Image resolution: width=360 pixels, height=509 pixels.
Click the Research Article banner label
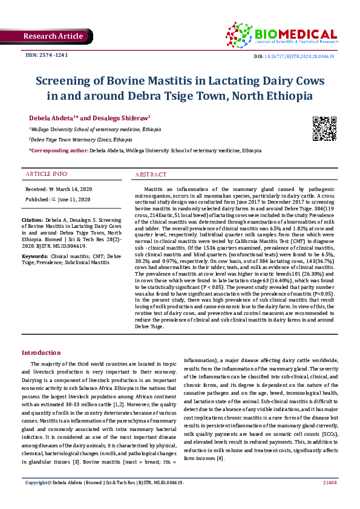pyautogui.click(x=53, y=36)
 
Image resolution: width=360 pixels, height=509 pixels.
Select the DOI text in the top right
pyautogui.click(x=299, y=56)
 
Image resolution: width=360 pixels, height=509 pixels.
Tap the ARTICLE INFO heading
pyautogui.click(x=46, y=174)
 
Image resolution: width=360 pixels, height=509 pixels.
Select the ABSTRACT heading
pyautogui.click(x=150, y=174)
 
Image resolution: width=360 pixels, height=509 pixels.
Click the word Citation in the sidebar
pyautogui.click(x=32, y=219)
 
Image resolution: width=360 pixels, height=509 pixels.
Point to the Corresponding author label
pyautogui.click(x=58, y=150)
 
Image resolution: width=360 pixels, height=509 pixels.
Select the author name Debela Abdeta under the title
pyautogui.click(x=52, y=117)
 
